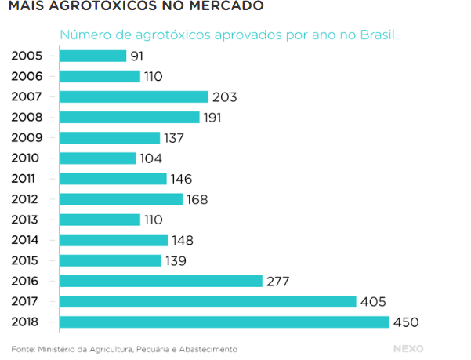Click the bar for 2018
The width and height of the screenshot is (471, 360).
click(x=224, y=322)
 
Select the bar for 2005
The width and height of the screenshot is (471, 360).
click(x=92, y=56)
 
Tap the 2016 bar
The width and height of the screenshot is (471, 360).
click(x=161, y=281)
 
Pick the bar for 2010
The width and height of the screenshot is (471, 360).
click(x=98, y=158)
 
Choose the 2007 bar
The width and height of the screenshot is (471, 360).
click(x=134, y=96)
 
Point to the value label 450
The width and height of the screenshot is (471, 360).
click(x=407, y=322)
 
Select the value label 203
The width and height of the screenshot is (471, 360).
click(x=224, y=97)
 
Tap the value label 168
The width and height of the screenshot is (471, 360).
click(x=197, y=199)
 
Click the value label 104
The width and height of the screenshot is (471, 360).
click(x=150, y=158)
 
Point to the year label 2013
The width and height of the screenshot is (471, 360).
click(x=27, y=220)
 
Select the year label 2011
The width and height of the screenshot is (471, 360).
click(x=27, y=179)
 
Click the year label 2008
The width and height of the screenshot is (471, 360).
click(x=27, y=118)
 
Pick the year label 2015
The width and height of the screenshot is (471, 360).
click(x=27, y=260)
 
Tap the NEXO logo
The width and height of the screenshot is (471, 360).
click(x=408, y=347)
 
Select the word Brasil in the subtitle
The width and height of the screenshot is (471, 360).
click(x=375, y=35)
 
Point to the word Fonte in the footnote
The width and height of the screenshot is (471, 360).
click(x=24, y=348)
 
